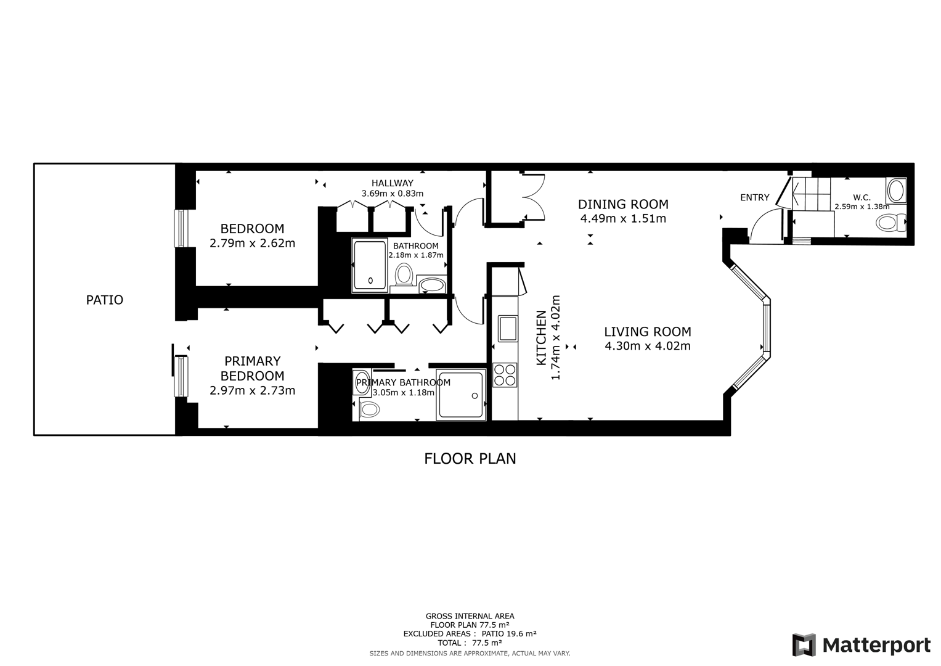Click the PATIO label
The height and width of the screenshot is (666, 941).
click(104, 300)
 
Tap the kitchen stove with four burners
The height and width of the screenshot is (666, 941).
click(505, 376)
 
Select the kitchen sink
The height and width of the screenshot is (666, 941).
click(507, 328)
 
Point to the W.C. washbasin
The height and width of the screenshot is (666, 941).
click(896, 191)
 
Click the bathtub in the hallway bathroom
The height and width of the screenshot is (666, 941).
click(370, 265)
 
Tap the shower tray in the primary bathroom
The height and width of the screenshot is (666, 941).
click(460, 395)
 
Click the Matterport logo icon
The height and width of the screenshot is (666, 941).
click(804, 645)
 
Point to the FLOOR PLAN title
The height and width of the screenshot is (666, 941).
click(470, 459)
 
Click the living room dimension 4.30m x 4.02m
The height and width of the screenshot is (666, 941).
click(647, 346)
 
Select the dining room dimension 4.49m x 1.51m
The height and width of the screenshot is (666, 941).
click(622, 218)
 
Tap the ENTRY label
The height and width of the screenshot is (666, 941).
click(754, 197)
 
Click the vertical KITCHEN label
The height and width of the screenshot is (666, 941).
click(541, 338)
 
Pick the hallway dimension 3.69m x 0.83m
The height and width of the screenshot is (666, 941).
click(392, 193)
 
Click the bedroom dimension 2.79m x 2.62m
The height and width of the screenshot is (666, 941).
click(252, 243)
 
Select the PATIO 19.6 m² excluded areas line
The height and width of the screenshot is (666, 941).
click(470, 633)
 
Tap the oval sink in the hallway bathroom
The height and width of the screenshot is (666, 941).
click(432, 285)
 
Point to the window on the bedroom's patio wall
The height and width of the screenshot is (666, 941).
click(181, 228)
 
